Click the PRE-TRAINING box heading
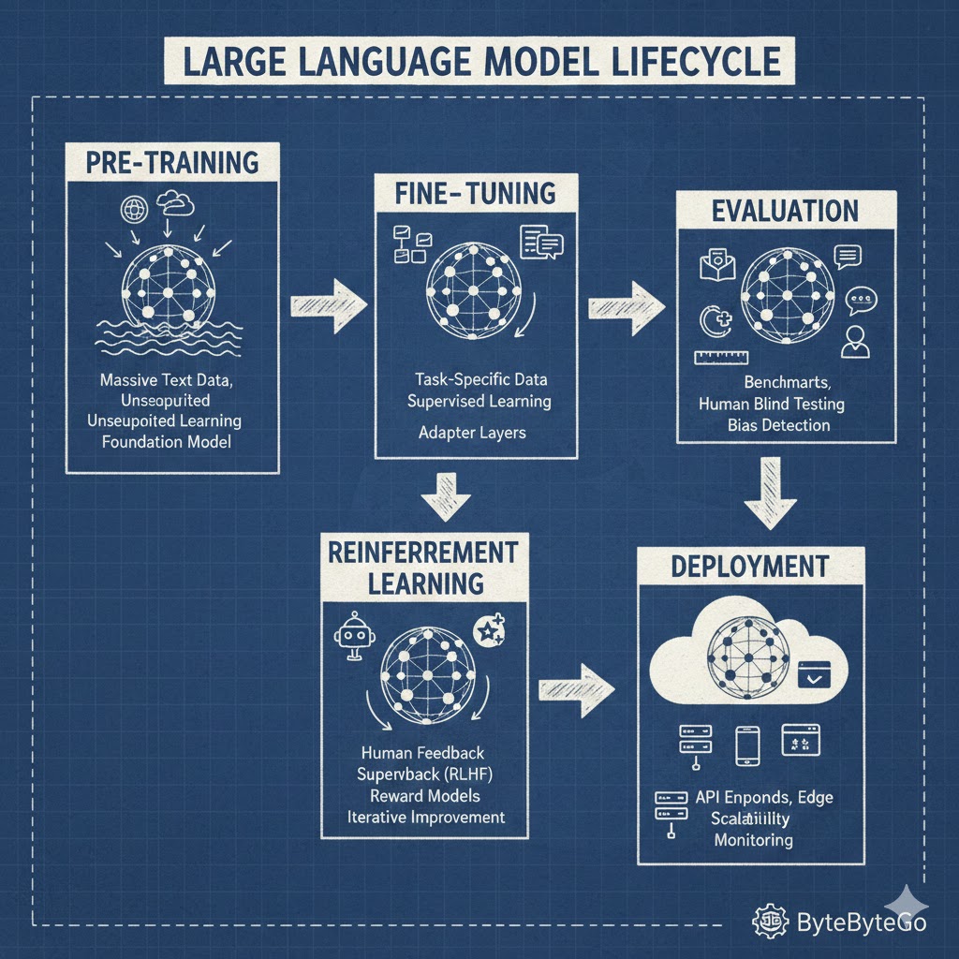click(171, 162)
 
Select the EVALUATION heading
click(785, 211)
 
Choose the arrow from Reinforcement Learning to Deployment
click(576, 690)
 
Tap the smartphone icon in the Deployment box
click(747, 745)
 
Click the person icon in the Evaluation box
click(854, 343)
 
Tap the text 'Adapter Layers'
click(458, 434)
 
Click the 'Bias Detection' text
click(778, 425)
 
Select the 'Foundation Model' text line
click(166, 440)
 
